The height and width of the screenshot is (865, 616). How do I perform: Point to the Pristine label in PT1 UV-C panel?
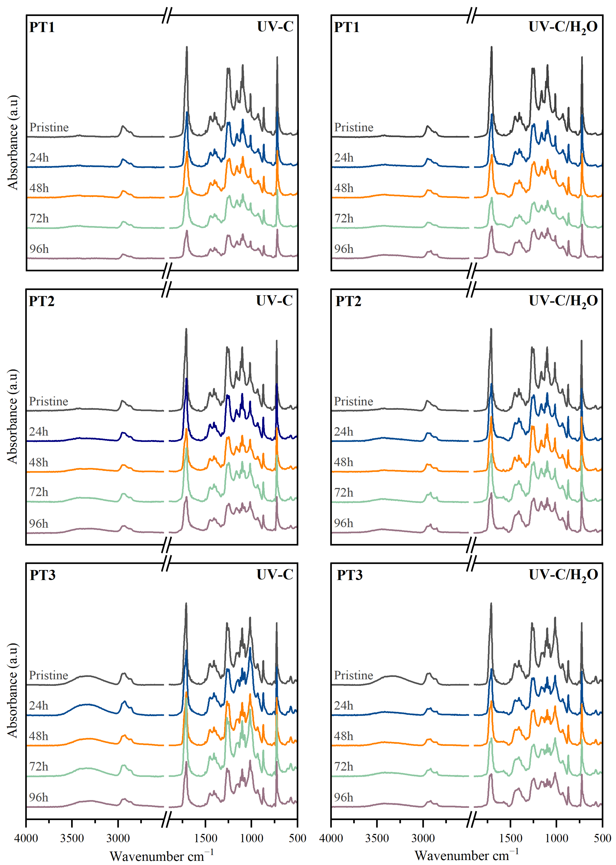tap(49, 127)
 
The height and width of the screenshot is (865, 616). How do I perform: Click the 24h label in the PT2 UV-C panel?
tap(39, 432)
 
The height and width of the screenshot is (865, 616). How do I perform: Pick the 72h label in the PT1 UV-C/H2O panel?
tap(344, 219)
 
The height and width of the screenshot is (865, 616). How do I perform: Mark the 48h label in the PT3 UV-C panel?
tap(39, 736)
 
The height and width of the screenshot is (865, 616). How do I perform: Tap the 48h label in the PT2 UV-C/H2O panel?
tap(344, 463)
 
